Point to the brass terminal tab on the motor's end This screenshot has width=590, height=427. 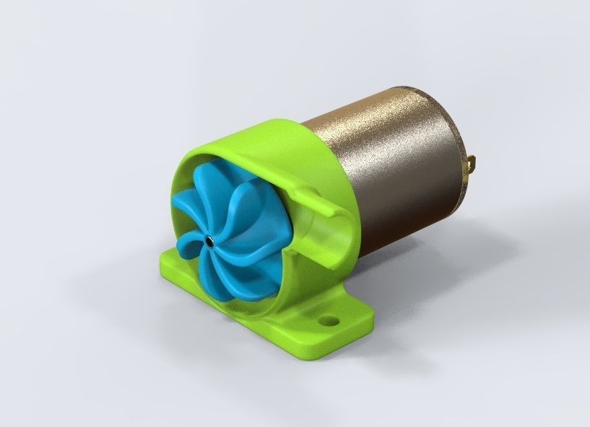pos(474,163)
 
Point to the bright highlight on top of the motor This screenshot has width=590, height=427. pos(390,108)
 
